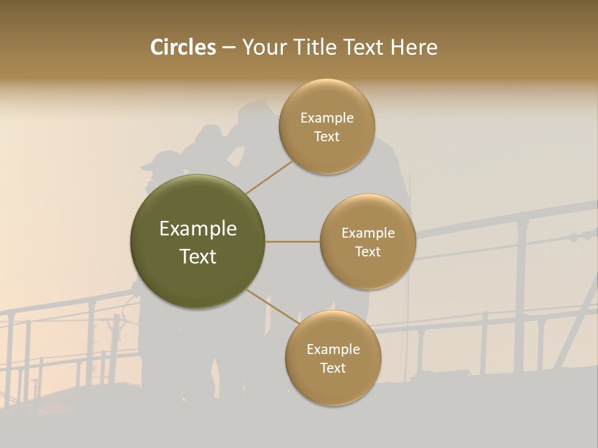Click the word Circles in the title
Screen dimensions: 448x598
183,47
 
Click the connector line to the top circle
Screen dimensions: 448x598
269,177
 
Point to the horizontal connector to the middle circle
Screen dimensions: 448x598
293,241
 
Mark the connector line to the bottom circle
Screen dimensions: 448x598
272,305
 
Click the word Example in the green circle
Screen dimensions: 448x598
198,229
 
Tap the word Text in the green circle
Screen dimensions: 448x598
198,256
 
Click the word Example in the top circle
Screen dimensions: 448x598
327,118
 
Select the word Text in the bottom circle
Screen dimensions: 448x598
333,368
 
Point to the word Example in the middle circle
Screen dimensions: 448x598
368,233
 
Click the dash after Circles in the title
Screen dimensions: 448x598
229,47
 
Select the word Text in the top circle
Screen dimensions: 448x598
327,137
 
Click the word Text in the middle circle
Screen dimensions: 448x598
368,252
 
